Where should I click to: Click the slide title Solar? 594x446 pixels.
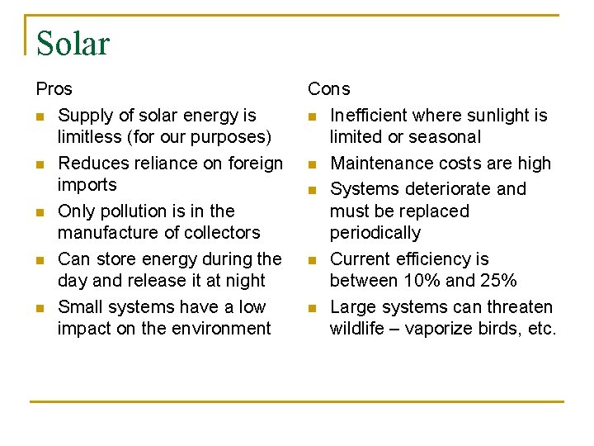tap(73, 44)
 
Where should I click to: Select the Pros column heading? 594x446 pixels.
tap(54, 88)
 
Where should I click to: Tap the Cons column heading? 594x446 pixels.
tap(329, 88)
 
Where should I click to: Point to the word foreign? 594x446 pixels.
tap(253, 164)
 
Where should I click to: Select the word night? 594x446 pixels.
tap(245, 281)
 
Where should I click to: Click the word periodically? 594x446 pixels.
tap(375, 233)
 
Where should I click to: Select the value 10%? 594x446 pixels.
tap(424, 281)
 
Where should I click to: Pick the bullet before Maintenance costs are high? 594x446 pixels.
tap(313, 164)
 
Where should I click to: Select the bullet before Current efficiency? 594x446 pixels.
tap(313, 260)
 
